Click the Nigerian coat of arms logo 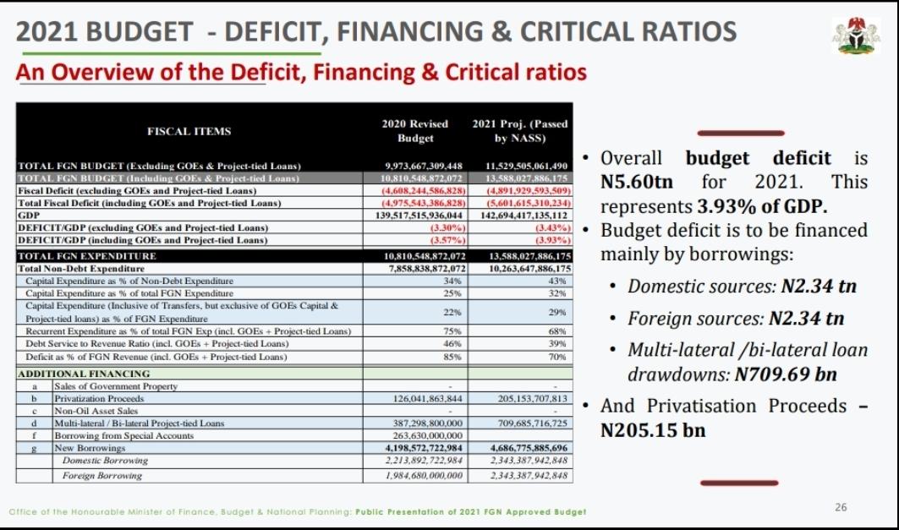[x=858, y=36]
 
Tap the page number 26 [x=841, y=507]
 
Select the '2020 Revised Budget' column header [x=414, y=131]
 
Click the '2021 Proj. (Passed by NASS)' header [x=520, y=131]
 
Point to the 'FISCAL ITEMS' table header [x=189, y=131]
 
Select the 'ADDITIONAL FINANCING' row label [x=84, y=374]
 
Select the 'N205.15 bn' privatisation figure [x=653, y=430]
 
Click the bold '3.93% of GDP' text [x=760, y=206]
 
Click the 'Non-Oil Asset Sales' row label [x=96, y=411]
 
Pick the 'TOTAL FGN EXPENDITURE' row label [x=75, y=256]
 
